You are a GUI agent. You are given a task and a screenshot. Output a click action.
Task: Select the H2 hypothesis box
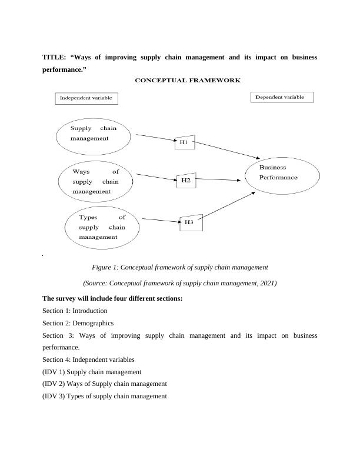click(185, 181)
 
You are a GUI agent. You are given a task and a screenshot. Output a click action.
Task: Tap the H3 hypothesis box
click(189, 222)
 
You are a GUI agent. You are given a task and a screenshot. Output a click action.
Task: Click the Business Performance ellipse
click(282, 174)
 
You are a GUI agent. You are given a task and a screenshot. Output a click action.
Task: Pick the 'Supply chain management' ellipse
click(93, 134)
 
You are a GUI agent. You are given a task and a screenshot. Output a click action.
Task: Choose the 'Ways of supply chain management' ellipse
click(95, 182)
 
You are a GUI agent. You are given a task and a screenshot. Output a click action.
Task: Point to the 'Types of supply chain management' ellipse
click(102, 227)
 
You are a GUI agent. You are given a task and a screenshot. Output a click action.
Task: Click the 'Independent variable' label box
click(86, 98)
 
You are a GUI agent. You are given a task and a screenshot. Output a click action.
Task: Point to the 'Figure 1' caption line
click(179, 267)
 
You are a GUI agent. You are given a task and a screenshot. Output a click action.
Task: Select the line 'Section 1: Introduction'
click(75, 311)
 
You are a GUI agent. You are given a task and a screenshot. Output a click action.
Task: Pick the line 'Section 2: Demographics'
click(78, 323)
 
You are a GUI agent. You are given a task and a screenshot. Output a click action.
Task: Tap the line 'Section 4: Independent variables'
click(88, 360)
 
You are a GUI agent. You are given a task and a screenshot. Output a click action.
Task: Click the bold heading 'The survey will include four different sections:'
click(112, 298)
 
